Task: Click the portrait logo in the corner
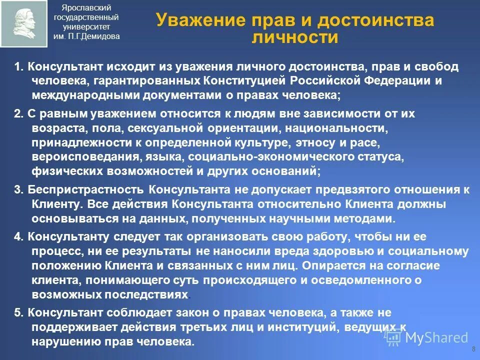pos(24,23)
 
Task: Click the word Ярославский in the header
pos(86,7)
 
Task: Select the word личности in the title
pos(295,37)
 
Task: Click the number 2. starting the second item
pos(19,114)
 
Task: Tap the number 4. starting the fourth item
pos(19,237)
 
